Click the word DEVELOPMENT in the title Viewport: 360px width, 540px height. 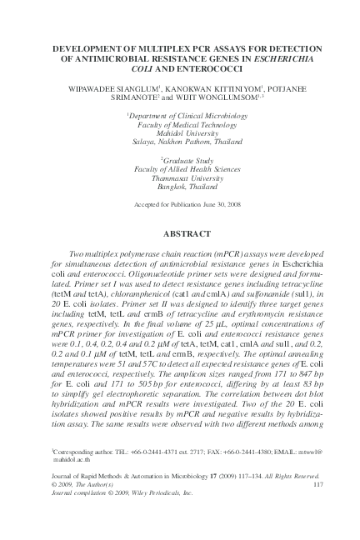pyautogui.click(x=89, y=51)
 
